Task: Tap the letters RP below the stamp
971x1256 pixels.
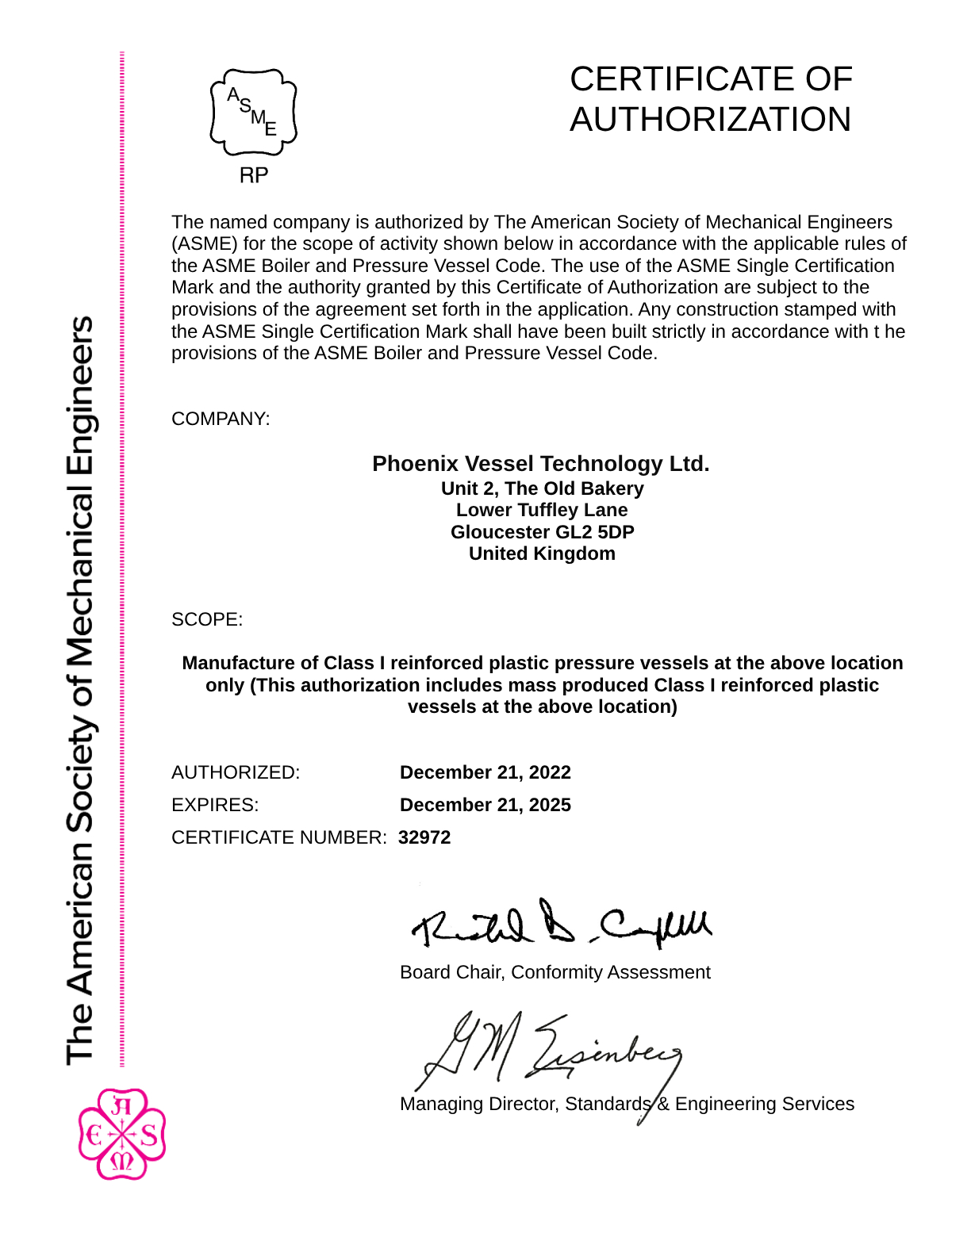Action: click(254, 175)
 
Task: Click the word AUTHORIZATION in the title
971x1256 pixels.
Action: click(710, 120)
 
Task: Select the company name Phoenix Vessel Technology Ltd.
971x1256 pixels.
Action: click(541, 464)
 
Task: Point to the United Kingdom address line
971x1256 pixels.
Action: click(542, 553)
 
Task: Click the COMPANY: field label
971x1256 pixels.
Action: click(221, 419)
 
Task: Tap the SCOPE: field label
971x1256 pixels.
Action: click(207, 619)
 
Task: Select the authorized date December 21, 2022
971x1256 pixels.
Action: click(485, 772)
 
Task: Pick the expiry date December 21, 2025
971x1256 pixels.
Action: click(485, 805)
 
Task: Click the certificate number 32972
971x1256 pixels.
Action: click(424, 837)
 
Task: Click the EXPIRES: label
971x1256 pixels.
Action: click(215, 805)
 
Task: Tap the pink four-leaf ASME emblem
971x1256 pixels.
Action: click(122, 1134)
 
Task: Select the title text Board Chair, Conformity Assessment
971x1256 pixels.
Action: click(555, 972)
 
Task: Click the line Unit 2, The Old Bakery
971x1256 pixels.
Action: click(542, 488)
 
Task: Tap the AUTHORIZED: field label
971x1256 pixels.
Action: click(236, 772)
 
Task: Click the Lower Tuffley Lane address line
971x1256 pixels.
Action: click(542, 510)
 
